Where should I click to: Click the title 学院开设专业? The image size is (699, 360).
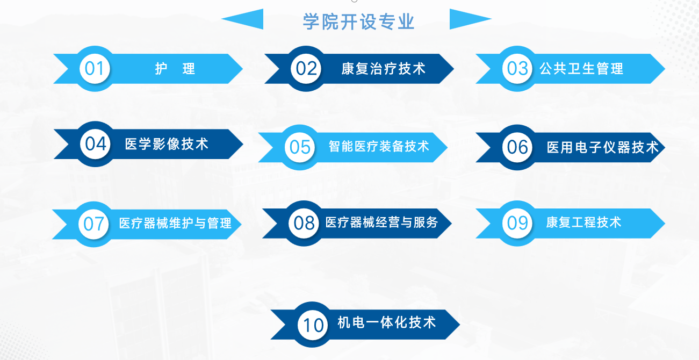358,21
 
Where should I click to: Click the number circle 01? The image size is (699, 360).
95,69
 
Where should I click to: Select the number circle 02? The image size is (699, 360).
306,69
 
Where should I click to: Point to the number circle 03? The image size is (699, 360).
517,69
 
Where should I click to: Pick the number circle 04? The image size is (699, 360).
95,144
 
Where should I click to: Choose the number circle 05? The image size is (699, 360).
300,147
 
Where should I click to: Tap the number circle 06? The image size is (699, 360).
517,147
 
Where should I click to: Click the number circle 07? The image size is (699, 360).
93,224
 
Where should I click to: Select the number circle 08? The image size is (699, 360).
304,224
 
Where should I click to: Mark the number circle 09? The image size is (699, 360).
517,224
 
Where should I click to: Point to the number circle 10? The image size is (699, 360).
313,325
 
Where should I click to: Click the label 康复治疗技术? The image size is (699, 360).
384,69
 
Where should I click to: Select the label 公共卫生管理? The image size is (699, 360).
582,69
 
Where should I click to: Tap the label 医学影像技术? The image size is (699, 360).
167,144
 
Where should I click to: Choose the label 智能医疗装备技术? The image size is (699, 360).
379,146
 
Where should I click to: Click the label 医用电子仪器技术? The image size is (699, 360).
603,147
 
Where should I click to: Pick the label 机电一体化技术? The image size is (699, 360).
387,322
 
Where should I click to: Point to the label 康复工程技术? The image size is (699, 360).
583,222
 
